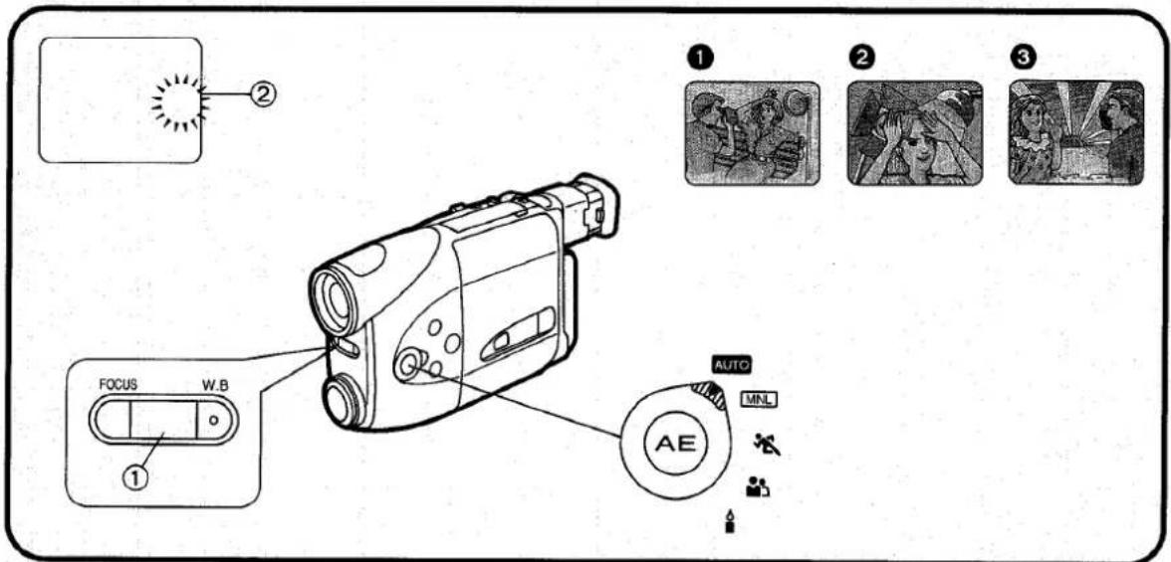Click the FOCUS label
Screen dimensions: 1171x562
point(117,386)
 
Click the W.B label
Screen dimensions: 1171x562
point(212,386)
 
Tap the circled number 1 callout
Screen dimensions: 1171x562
point(139,474)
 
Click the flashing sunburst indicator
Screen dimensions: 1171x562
point(180,102)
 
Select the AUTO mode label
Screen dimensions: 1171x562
point(731,366)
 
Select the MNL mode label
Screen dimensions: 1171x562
point(760,399)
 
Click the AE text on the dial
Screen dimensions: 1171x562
point(675,444)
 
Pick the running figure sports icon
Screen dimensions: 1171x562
point(767,446)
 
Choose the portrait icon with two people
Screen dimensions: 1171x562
point(757,487)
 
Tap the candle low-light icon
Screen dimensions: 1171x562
point(729,521)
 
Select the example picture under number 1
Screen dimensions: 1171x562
point(752,133)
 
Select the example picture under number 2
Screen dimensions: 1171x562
point(915,133)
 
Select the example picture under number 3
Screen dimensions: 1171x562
point(1076,133)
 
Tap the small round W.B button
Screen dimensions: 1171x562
point(213,420)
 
